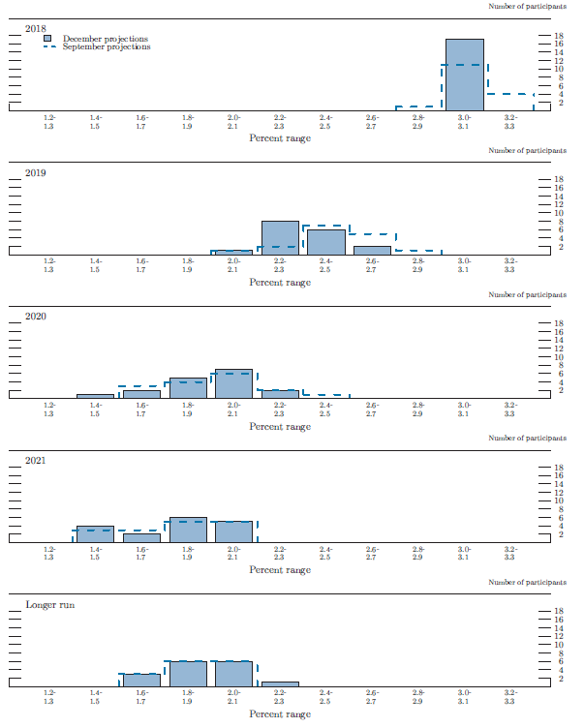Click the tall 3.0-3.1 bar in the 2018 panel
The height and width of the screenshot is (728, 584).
(465, 75)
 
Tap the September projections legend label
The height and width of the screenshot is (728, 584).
(107, 47)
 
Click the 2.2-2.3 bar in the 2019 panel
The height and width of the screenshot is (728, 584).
(280, 237)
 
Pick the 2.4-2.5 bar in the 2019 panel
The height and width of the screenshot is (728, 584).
(326, 241)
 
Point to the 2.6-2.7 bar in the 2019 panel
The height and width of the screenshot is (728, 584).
(372, 250)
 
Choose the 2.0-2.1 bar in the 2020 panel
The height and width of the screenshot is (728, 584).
(233, 383)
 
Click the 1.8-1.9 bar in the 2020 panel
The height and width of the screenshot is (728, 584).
(188, 387)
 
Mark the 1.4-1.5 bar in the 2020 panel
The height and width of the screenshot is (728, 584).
(95, 396)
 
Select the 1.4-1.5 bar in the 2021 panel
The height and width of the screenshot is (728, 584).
(95, 533)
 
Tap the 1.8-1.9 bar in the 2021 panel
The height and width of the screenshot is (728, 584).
(188, 530)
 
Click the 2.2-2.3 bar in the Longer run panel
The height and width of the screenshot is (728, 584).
(280, 683)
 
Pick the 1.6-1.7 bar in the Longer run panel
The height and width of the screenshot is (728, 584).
(141, 680)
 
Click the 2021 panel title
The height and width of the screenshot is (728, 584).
(36, 461)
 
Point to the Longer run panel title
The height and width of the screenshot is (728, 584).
(49, 605)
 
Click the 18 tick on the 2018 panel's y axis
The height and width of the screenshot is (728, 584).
(558, 36)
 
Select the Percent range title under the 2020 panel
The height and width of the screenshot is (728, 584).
(280, 426)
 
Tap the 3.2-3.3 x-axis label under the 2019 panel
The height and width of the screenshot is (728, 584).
(510, 264)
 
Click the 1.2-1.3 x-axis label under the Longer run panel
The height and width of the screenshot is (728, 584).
(48, 697)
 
